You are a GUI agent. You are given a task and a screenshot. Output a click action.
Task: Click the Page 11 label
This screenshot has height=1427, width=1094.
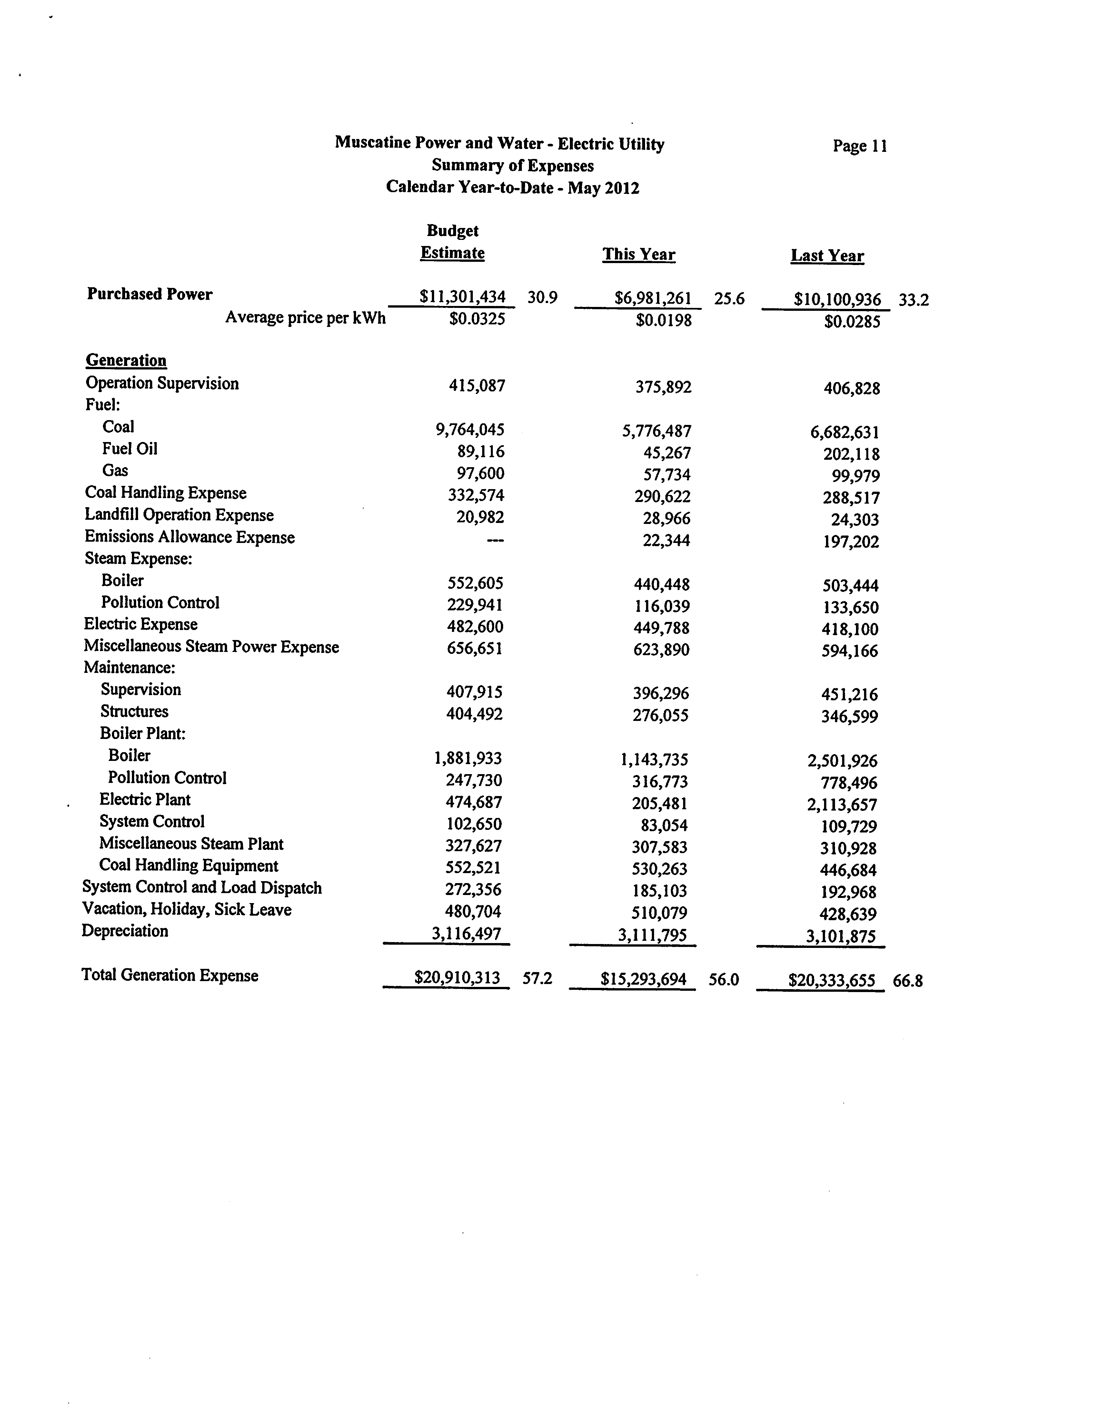click(x=860, y=146)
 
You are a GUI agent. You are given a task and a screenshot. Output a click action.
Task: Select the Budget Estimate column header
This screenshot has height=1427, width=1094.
click(x=453, y=242)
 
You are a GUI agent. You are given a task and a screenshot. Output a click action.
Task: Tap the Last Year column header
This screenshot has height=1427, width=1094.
click(x=827, y=256)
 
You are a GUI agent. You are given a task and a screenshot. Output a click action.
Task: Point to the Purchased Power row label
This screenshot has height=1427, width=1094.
click(x=150, y=294)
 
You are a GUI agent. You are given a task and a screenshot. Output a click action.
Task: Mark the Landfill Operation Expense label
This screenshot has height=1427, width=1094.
click(x=179, y=515)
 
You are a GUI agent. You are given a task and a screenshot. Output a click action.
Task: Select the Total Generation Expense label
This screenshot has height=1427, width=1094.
click(x=170, y=975)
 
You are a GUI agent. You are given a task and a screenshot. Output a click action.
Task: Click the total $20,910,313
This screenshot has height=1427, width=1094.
click(x=457, y=978)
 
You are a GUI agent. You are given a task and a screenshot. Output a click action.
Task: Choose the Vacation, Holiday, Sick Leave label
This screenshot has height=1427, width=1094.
click(x=187, y=910)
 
